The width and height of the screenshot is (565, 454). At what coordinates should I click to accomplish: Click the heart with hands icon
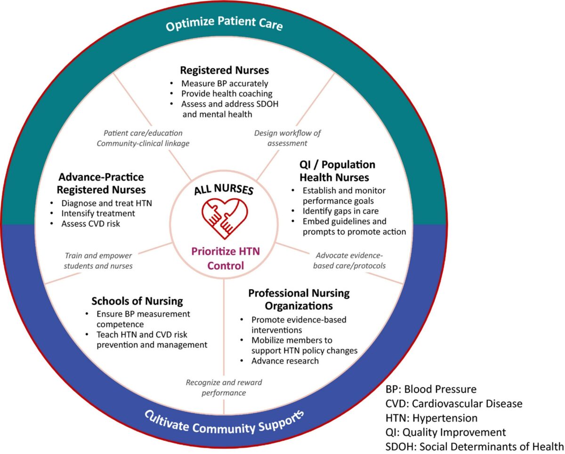225,219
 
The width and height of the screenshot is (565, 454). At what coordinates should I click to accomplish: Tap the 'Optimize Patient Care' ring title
224,24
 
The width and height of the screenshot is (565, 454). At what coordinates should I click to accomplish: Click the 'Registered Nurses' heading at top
225,70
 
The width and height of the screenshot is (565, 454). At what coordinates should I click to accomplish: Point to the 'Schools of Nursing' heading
137,301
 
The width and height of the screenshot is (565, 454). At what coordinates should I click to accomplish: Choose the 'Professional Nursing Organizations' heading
299,300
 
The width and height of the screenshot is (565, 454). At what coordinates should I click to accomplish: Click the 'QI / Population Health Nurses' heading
338,171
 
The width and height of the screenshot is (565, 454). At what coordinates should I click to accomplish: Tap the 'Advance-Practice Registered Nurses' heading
101,184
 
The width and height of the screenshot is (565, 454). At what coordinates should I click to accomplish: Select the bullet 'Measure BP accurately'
225,83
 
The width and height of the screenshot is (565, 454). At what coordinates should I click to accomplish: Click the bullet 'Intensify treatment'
98,213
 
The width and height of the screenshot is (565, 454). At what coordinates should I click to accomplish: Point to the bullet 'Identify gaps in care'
340,211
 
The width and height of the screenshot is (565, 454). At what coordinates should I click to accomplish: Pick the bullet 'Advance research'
285,361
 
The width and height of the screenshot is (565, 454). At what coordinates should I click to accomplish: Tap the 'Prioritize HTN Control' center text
226,259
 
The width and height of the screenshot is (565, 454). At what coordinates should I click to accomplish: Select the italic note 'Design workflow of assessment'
287,138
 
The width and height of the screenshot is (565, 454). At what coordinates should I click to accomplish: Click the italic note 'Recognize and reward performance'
224,388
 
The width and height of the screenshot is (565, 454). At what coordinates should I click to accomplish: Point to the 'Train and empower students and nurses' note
98,261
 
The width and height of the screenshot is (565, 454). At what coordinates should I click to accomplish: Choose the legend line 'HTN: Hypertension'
431,418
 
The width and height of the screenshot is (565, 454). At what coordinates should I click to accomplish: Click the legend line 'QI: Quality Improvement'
445,432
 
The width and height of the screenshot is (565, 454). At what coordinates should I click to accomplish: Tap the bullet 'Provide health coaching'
227,94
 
